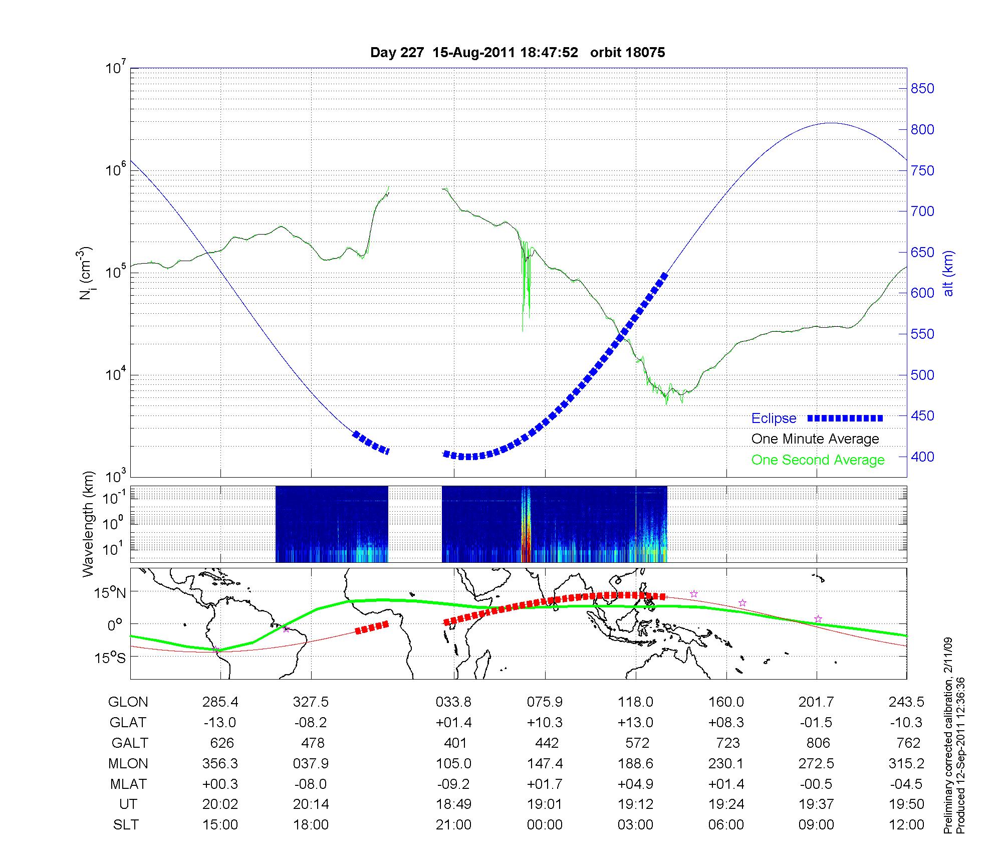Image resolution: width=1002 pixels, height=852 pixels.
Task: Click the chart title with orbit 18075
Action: click(518, 53)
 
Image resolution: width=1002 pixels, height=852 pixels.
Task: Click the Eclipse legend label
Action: click(774, 418)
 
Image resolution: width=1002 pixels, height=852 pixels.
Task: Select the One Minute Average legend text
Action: click(815, 439)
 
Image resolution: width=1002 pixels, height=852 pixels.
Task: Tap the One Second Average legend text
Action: click(818, 460)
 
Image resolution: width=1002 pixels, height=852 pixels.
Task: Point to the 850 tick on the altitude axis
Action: click(922, 89)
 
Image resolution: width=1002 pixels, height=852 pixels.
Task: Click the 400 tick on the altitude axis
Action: click(922, 457)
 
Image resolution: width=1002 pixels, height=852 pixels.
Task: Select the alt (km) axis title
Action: click(948, 273)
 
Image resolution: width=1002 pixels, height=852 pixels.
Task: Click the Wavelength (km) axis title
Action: click(89, 524)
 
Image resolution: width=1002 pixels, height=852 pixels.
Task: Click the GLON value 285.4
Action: click(220, 702)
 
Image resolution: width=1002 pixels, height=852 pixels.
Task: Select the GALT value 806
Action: click(818, 743)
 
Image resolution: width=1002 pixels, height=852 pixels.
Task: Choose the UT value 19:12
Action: click(635, 804)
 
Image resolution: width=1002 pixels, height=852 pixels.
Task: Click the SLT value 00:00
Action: click(545, 825)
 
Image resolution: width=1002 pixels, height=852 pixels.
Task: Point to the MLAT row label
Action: click(128, 784)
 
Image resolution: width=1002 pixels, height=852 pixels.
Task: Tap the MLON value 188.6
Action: click(635, 763)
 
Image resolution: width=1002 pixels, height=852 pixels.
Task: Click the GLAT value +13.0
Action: click(635, 723)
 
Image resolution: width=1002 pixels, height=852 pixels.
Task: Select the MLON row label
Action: click(128, 763)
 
